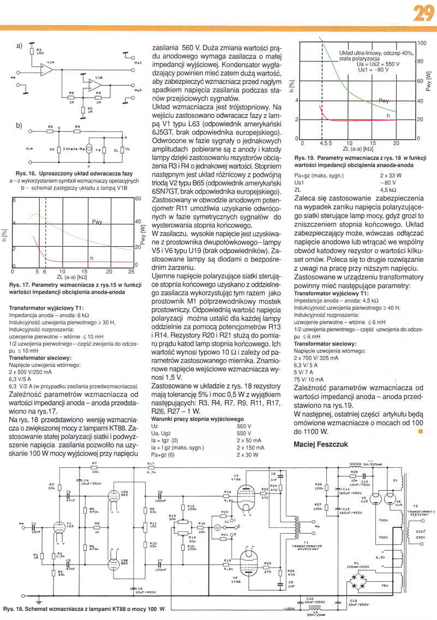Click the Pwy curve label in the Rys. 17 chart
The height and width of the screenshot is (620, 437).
pos(98,222)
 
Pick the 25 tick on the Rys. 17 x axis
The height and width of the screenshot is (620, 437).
pos(131,271)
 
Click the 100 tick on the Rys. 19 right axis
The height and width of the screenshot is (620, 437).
pos(421,43)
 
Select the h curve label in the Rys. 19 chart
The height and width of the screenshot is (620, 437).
pos(388,116)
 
